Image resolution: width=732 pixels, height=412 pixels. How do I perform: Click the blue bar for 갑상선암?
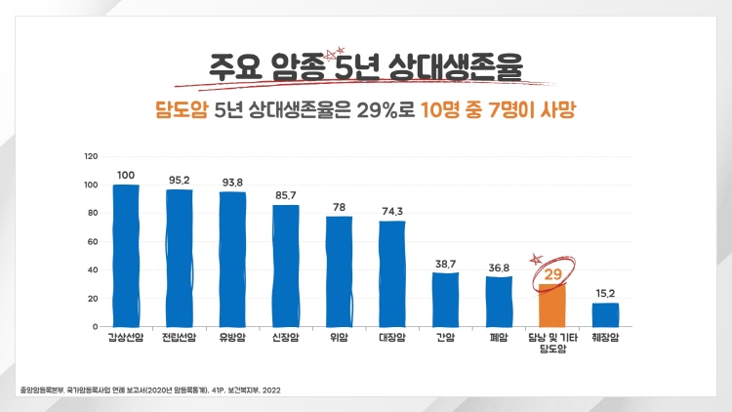(x=126, y=256)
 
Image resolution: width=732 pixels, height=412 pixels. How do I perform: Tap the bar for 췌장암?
(x=605, y=314)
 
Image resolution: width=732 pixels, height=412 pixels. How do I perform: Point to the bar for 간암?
(x=445, y=299)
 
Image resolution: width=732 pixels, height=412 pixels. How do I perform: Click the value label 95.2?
(x=179, y=180)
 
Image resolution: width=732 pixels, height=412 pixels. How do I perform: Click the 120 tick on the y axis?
(x=91, y=156)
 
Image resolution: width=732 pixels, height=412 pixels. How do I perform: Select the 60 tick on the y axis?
(x=93, y=241)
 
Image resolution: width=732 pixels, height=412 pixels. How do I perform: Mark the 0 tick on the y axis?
(x=95, y=326)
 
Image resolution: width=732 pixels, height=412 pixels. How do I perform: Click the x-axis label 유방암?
(x=232, y=340)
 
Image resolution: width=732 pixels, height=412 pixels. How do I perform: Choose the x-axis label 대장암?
(x=391, y=340)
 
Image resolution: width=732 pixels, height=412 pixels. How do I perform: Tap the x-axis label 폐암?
(x=499, y=340)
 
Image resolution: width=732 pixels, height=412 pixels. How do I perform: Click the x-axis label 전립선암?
(x=179, y=340)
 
